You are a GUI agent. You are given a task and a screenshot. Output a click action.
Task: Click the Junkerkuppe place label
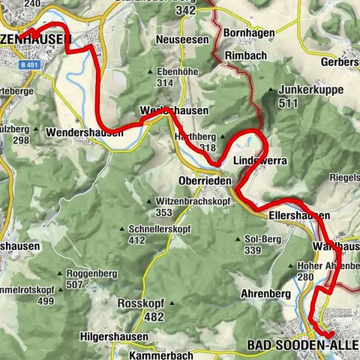point(311,89)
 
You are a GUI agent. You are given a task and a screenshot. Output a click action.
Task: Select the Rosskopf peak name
point(140,303)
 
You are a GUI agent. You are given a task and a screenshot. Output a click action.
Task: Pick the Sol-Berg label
point(262,239)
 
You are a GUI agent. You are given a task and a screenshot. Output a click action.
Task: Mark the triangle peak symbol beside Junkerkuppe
point(271,90)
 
